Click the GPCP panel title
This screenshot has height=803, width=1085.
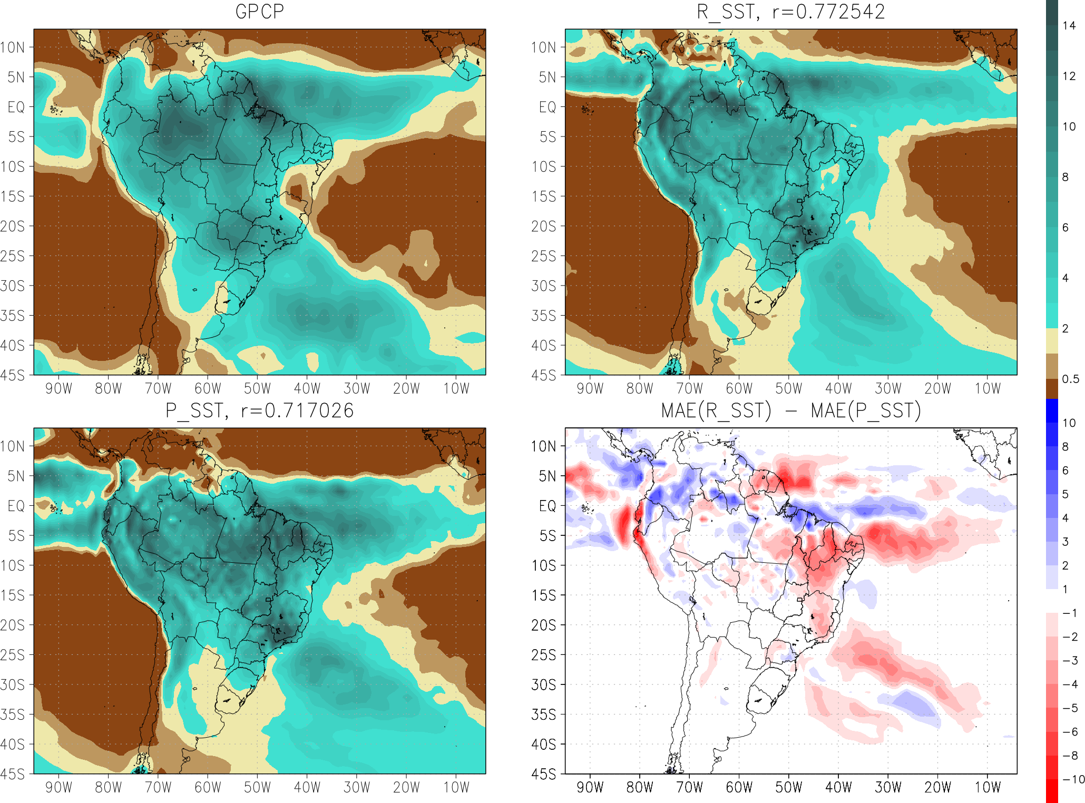click(x=259, y=12)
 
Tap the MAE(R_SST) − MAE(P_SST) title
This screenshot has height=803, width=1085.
click(x=791, y=410)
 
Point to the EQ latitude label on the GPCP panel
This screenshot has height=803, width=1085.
click(x=16, y=107)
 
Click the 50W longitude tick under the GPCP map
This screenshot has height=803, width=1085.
click(x=257, y=389)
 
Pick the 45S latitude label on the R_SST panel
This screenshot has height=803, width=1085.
click(x=544, y=375)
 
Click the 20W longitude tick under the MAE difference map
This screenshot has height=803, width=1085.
click(x=938, y=788)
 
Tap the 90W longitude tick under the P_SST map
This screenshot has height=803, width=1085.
click(x=58, y=788)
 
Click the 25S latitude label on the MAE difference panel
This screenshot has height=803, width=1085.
click(x=544, y=655)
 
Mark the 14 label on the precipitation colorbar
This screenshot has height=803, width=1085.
click(x=1069, y=25)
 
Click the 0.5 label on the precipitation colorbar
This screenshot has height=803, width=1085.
click(x=1070, y=379)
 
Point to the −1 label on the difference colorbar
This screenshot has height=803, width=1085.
click(x=1070, y=613)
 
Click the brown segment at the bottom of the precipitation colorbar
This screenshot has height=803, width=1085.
click(x=1052, y=388)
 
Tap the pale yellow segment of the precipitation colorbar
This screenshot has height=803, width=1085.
click(x=1052, y=341)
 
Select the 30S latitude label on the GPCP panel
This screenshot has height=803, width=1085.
click(x=13, y=286)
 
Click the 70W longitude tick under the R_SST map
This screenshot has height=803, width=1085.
click(x=689, y=389)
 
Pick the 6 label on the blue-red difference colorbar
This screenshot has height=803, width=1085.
click(x=1066, y=470)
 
